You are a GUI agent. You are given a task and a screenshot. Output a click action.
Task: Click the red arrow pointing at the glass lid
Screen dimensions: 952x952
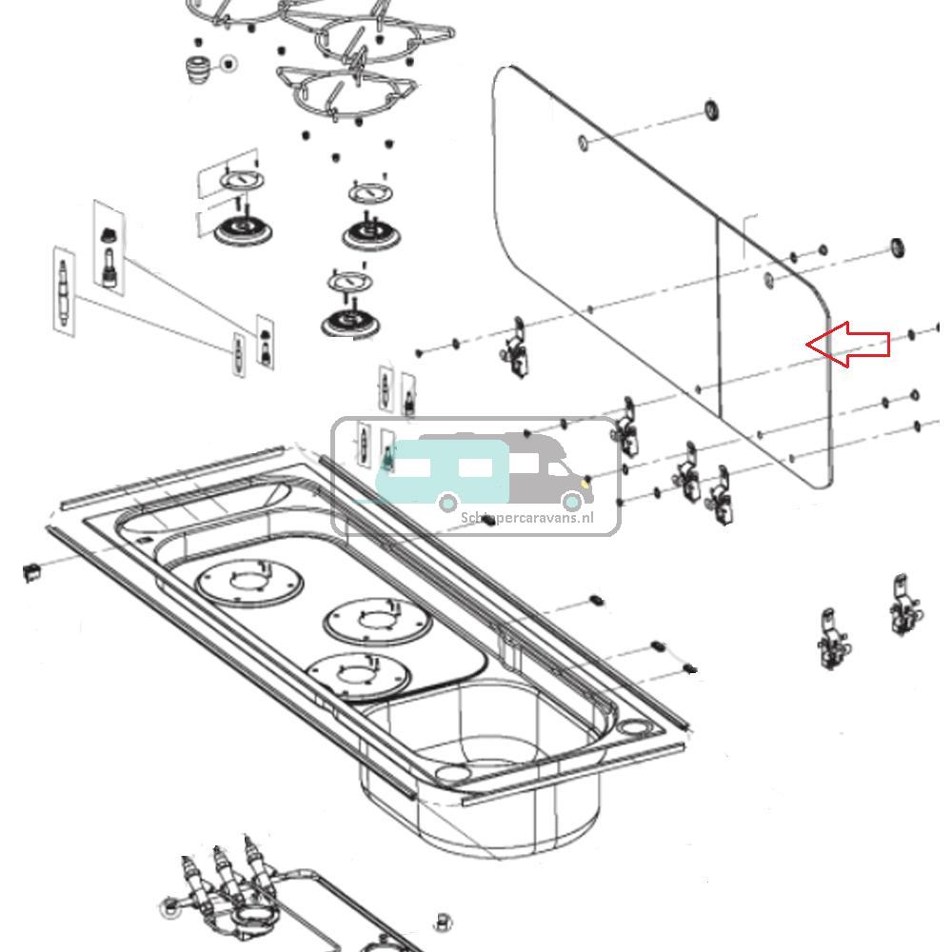coord(849,345)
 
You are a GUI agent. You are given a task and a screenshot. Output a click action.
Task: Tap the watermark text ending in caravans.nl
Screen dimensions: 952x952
coord(526,518)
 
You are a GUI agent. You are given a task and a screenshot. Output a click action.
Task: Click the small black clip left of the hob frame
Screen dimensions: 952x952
coord(30,570)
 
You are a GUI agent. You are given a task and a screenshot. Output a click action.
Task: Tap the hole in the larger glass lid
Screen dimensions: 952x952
coord(583,143)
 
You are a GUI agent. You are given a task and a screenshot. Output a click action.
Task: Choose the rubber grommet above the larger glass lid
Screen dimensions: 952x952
coord(712,109)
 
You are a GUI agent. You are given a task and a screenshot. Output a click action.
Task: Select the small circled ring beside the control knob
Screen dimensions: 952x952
coord(228,64)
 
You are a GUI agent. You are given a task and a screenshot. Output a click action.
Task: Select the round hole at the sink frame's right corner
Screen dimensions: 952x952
coord(632,728)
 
